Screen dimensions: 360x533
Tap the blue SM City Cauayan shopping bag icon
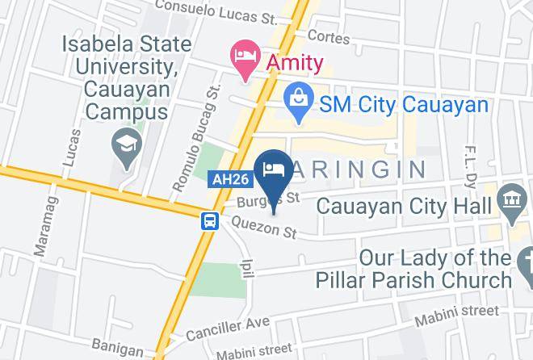(300, 103)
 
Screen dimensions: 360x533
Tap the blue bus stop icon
(209, 220)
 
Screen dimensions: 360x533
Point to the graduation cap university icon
(128, 149)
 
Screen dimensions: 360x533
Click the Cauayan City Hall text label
(404, 205)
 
